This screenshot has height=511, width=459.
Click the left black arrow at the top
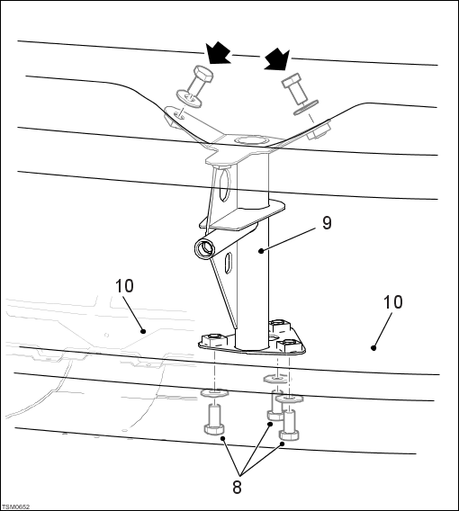218,52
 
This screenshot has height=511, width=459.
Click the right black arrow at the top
276,58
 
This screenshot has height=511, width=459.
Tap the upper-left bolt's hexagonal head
203,73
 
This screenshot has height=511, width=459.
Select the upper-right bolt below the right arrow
295,87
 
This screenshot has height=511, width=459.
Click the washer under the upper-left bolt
189,98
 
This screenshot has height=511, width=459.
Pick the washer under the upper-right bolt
305,107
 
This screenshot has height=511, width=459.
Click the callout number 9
327,223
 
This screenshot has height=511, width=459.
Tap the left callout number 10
124,286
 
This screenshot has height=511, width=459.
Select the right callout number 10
392,302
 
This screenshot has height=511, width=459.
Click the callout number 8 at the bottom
237,488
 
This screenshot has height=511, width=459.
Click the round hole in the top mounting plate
252,140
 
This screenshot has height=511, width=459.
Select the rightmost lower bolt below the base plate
289,425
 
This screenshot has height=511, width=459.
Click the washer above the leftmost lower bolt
214,393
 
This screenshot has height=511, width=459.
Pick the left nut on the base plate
214,341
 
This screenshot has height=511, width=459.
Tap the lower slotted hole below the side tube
229,262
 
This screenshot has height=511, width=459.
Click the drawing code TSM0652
15,507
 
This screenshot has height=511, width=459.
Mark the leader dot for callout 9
261,251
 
